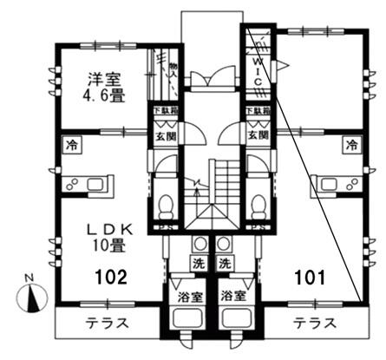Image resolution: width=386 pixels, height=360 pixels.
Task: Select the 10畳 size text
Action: (x=107, y=245)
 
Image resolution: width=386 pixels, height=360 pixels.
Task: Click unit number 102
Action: (x=111, y=278)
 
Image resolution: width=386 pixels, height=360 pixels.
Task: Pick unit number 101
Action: (x=309, y=278)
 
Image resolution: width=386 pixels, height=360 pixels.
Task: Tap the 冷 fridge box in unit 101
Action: (x=351, y=144)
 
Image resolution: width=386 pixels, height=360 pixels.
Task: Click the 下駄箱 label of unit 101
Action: (x=255, y=112)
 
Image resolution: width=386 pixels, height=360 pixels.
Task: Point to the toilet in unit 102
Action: (x=166, y=205)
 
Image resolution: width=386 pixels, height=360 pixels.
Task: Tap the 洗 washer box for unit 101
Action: (x=225, y=263)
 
